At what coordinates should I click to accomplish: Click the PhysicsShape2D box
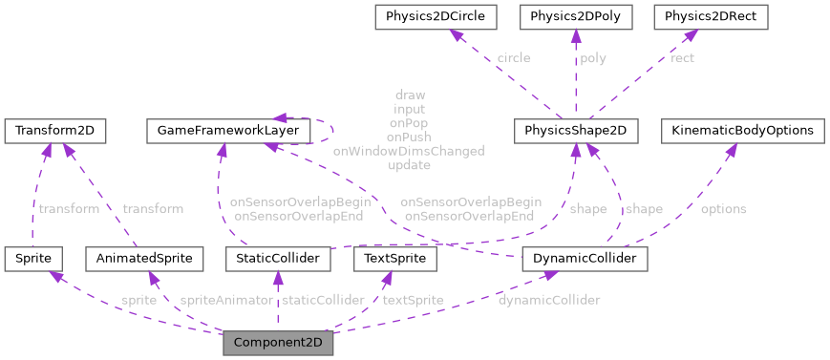coord(575,130)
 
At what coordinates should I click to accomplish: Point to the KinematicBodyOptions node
coord(742,130)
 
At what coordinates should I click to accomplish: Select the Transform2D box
coord(54,130)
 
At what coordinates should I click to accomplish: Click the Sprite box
coord(33,258)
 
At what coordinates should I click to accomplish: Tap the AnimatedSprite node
coord(143,258)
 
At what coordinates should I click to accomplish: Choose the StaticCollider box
coord(277,258)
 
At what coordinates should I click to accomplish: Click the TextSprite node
coord(394,258)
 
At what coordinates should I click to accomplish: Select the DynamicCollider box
coord(585,258)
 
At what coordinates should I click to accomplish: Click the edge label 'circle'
coord(515,58)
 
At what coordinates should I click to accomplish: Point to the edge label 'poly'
coord(593,58)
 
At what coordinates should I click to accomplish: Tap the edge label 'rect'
coord(682,58)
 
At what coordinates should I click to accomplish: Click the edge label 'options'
coord(724,209)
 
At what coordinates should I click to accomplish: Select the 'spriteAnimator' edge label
coord(226,300)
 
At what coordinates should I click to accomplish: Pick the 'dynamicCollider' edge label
coord(549,300)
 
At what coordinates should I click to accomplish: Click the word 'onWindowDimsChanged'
coord(408,151)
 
